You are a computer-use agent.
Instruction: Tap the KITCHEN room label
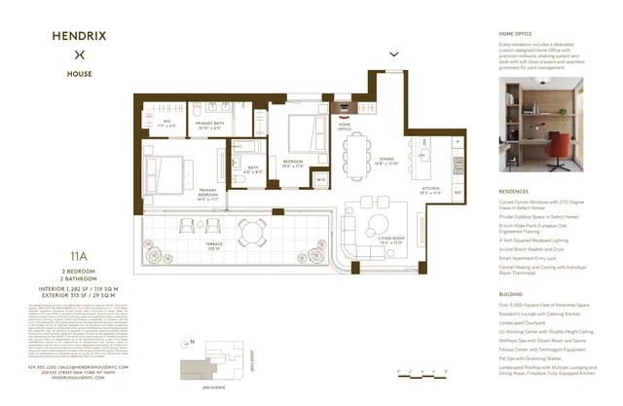430,189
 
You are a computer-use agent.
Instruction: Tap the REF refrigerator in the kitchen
458,193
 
